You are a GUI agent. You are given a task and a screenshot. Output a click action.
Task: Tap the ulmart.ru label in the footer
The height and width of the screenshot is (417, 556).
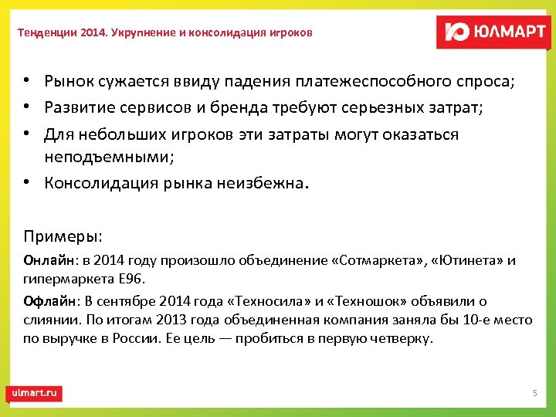click(34, 393)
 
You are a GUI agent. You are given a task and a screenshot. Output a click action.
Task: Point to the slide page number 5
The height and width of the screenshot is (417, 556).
click(534, 394)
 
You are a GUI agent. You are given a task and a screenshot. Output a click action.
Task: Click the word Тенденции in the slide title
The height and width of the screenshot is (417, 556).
click(46, 33)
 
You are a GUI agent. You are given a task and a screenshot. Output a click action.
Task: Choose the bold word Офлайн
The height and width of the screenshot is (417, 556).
click(47, 301)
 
